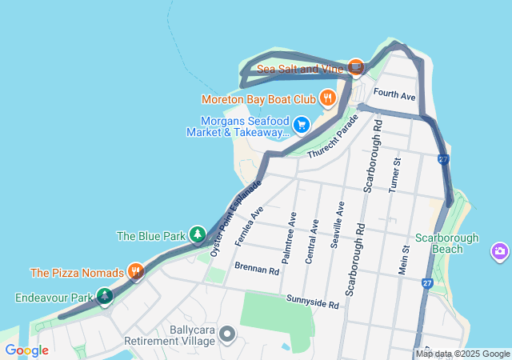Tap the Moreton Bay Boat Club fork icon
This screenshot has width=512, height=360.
pyautogui.click(x=327, y=99)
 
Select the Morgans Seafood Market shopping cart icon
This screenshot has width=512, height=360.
pyautogui.click(x=302, y=125)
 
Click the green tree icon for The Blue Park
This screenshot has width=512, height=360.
pyautogui.click(x=197, y=235)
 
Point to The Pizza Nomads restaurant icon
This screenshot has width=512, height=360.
pyautogui.click(x=136, y=272)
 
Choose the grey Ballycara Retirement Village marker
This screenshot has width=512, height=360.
pyautogui.click(x=227, y=334)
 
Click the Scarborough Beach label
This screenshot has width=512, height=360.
pyautogui.click(x=446, y=243)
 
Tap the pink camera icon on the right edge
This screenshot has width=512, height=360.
pyautogui.click(x=501, y=252)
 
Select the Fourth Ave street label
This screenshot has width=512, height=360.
pyautogui.click(x=394, y=96)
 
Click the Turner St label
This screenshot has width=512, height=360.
pyautogui.click(x=394, y=174)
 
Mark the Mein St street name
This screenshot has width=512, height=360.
pyautogui.click(x=404, y=260)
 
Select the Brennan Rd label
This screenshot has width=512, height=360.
pyautogui.click(x=256, y=271)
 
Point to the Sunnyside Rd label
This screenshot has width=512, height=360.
pyautogui.click(x=313, y=302)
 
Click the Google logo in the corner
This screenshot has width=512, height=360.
pyautogui.click(x=26, y=350)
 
